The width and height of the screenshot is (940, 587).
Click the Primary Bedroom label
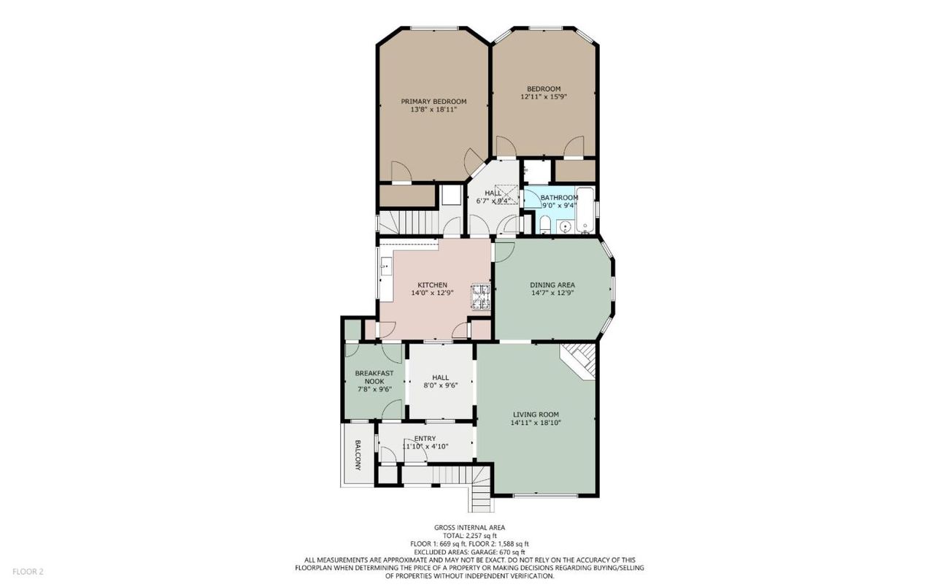(x=434, y=101)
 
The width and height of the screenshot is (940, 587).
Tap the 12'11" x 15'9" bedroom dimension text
(x=544, y=96)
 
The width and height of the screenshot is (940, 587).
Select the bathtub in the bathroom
(x=585, y=210)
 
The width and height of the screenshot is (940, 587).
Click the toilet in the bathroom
(x=545, y=225)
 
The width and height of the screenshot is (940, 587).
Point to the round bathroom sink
(x=566, y=227)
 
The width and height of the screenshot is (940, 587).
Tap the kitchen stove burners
(x=481, y=297)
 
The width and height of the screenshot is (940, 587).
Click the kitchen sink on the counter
(x=92, y=266)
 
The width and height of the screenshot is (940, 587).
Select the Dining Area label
(x=552, y=285)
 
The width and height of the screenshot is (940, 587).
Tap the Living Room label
(x=536, y=415)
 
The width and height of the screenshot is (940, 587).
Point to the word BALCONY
(x=358, y=455)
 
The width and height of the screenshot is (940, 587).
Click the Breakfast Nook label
(x=374, y=377)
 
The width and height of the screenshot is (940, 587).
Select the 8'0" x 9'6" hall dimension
(x=440, y=385)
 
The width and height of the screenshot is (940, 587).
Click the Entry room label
(x=425, y=438)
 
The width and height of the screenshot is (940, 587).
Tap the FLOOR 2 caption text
(x=28, y=572)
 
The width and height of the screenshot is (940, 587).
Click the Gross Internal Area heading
(x=469, y=527)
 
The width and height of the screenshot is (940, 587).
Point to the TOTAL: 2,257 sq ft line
(x=469, y=536)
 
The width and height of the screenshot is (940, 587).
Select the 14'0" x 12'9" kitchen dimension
(x=432, y=293)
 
